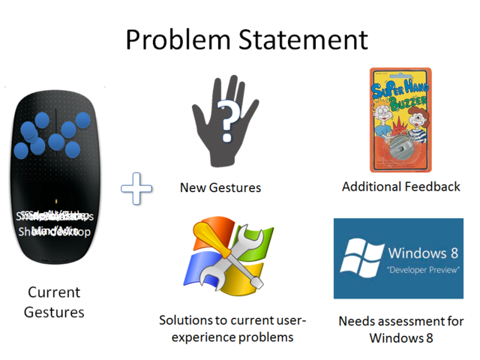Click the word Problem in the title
tap(175, 39)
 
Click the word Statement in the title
tap(298, 39)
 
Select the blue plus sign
tap(136, 188)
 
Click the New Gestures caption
tap(220, 187)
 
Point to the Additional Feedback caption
tap(400, 186)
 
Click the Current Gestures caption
tap(54, 301)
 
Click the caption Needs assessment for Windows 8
tap(400, 328)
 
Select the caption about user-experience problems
tap(232, 328)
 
